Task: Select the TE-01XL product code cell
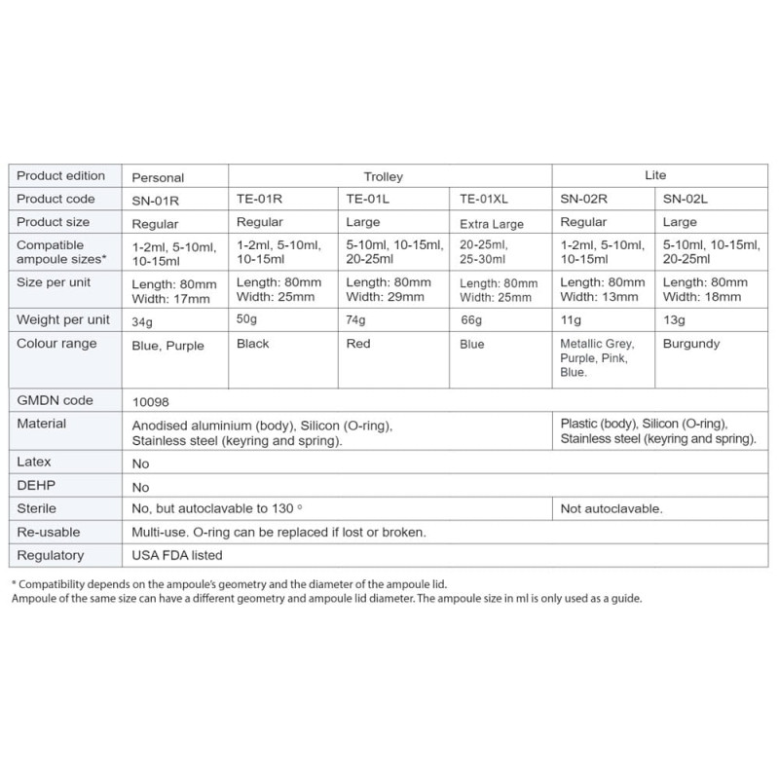(x=483, y=200)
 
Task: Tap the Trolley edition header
(x=383, y=177)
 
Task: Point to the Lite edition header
(x=655, y=175)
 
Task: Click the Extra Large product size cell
(x=492, y=224)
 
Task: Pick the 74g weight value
(x=358, y=319)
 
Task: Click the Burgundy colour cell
(x=690, y=344)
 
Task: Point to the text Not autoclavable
(x=612, y=508)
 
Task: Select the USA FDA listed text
(x=177, y=555)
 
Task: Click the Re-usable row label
(x=49, y=532)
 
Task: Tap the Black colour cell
(x=253, y=344)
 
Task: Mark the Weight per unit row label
(x=63, y=319)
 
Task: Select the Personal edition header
(x=158, y=178)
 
